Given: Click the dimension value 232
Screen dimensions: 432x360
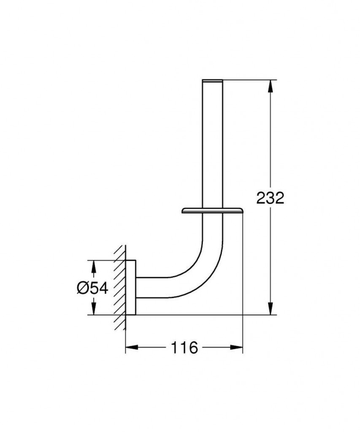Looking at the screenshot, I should click(271, 197).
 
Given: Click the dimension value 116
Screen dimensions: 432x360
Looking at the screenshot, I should click(184, 348).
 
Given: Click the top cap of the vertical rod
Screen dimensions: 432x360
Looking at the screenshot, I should click(213, 80).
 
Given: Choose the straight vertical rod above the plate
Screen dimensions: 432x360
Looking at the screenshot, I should click(213, 143).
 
